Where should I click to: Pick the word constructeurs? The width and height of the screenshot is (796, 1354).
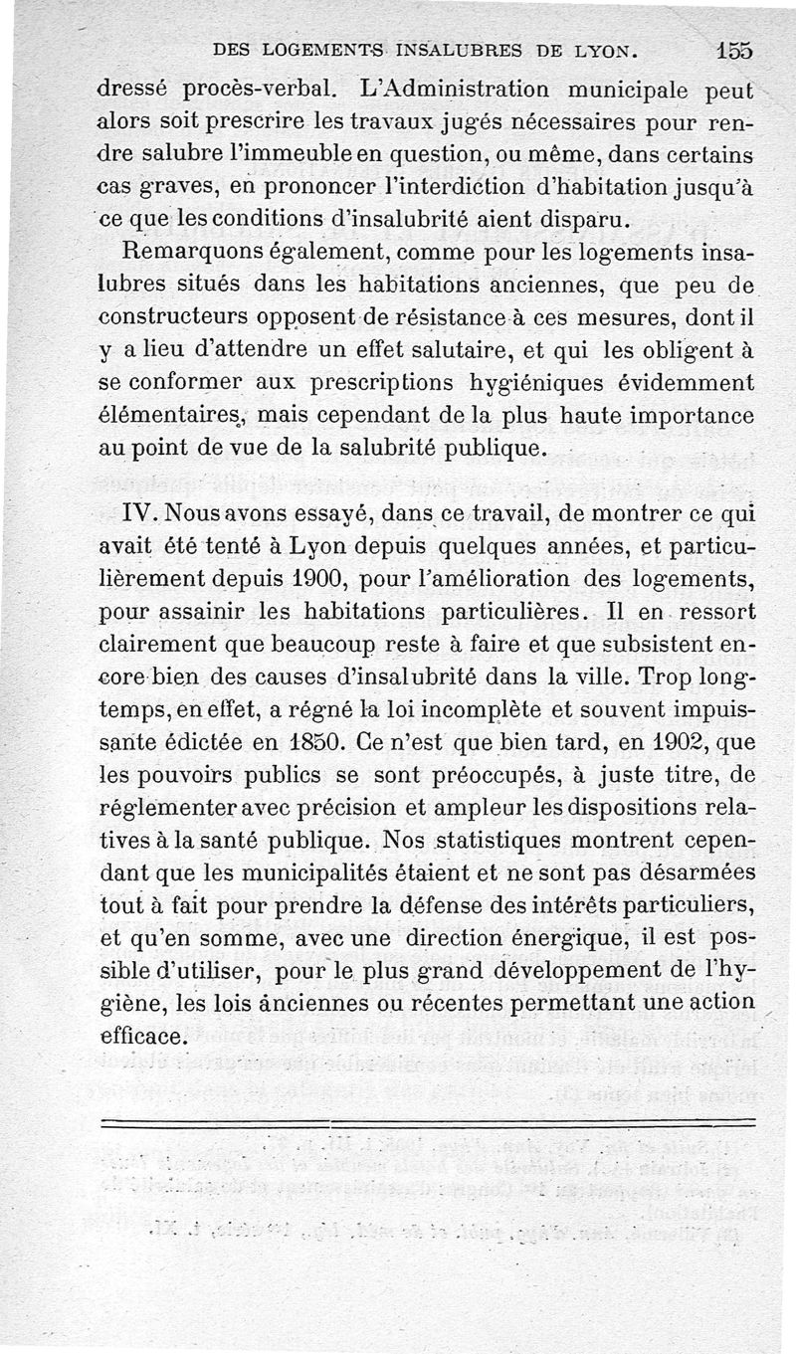coord(175,318)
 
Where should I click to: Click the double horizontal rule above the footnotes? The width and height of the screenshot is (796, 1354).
coord(428,1122)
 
